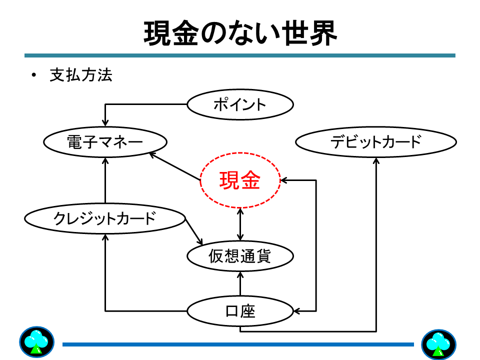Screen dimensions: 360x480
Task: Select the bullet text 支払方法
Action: (x=81, y=75)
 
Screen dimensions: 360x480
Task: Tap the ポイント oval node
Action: (x=240, y=105)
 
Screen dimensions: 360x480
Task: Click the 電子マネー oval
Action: (x=105, y=142)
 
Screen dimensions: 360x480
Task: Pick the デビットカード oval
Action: (x=376, y=142)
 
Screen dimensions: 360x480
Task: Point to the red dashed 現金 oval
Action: (x=240, y=180)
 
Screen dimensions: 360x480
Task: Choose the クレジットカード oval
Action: (x=105, y=218)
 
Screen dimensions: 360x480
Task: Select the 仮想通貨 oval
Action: (x=240, y=256)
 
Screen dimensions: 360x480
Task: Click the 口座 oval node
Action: (x=240, y=311)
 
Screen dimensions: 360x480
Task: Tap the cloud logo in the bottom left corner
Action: (x=36, y=342)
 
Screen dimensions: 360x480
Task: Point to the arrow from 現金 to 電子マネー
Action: (x=175, y=167)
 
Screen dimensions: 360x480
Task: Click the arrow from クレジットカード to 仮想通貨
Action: (x=194, y=231)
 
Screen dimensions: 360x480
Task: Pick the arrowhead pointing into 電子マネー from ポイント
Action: (x=105, y=122)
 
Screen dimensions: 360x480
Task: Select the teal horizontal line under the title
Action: (x=240, y=55)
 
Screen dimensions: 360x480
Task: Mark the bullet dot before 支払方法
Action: (x=34, y=76)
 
